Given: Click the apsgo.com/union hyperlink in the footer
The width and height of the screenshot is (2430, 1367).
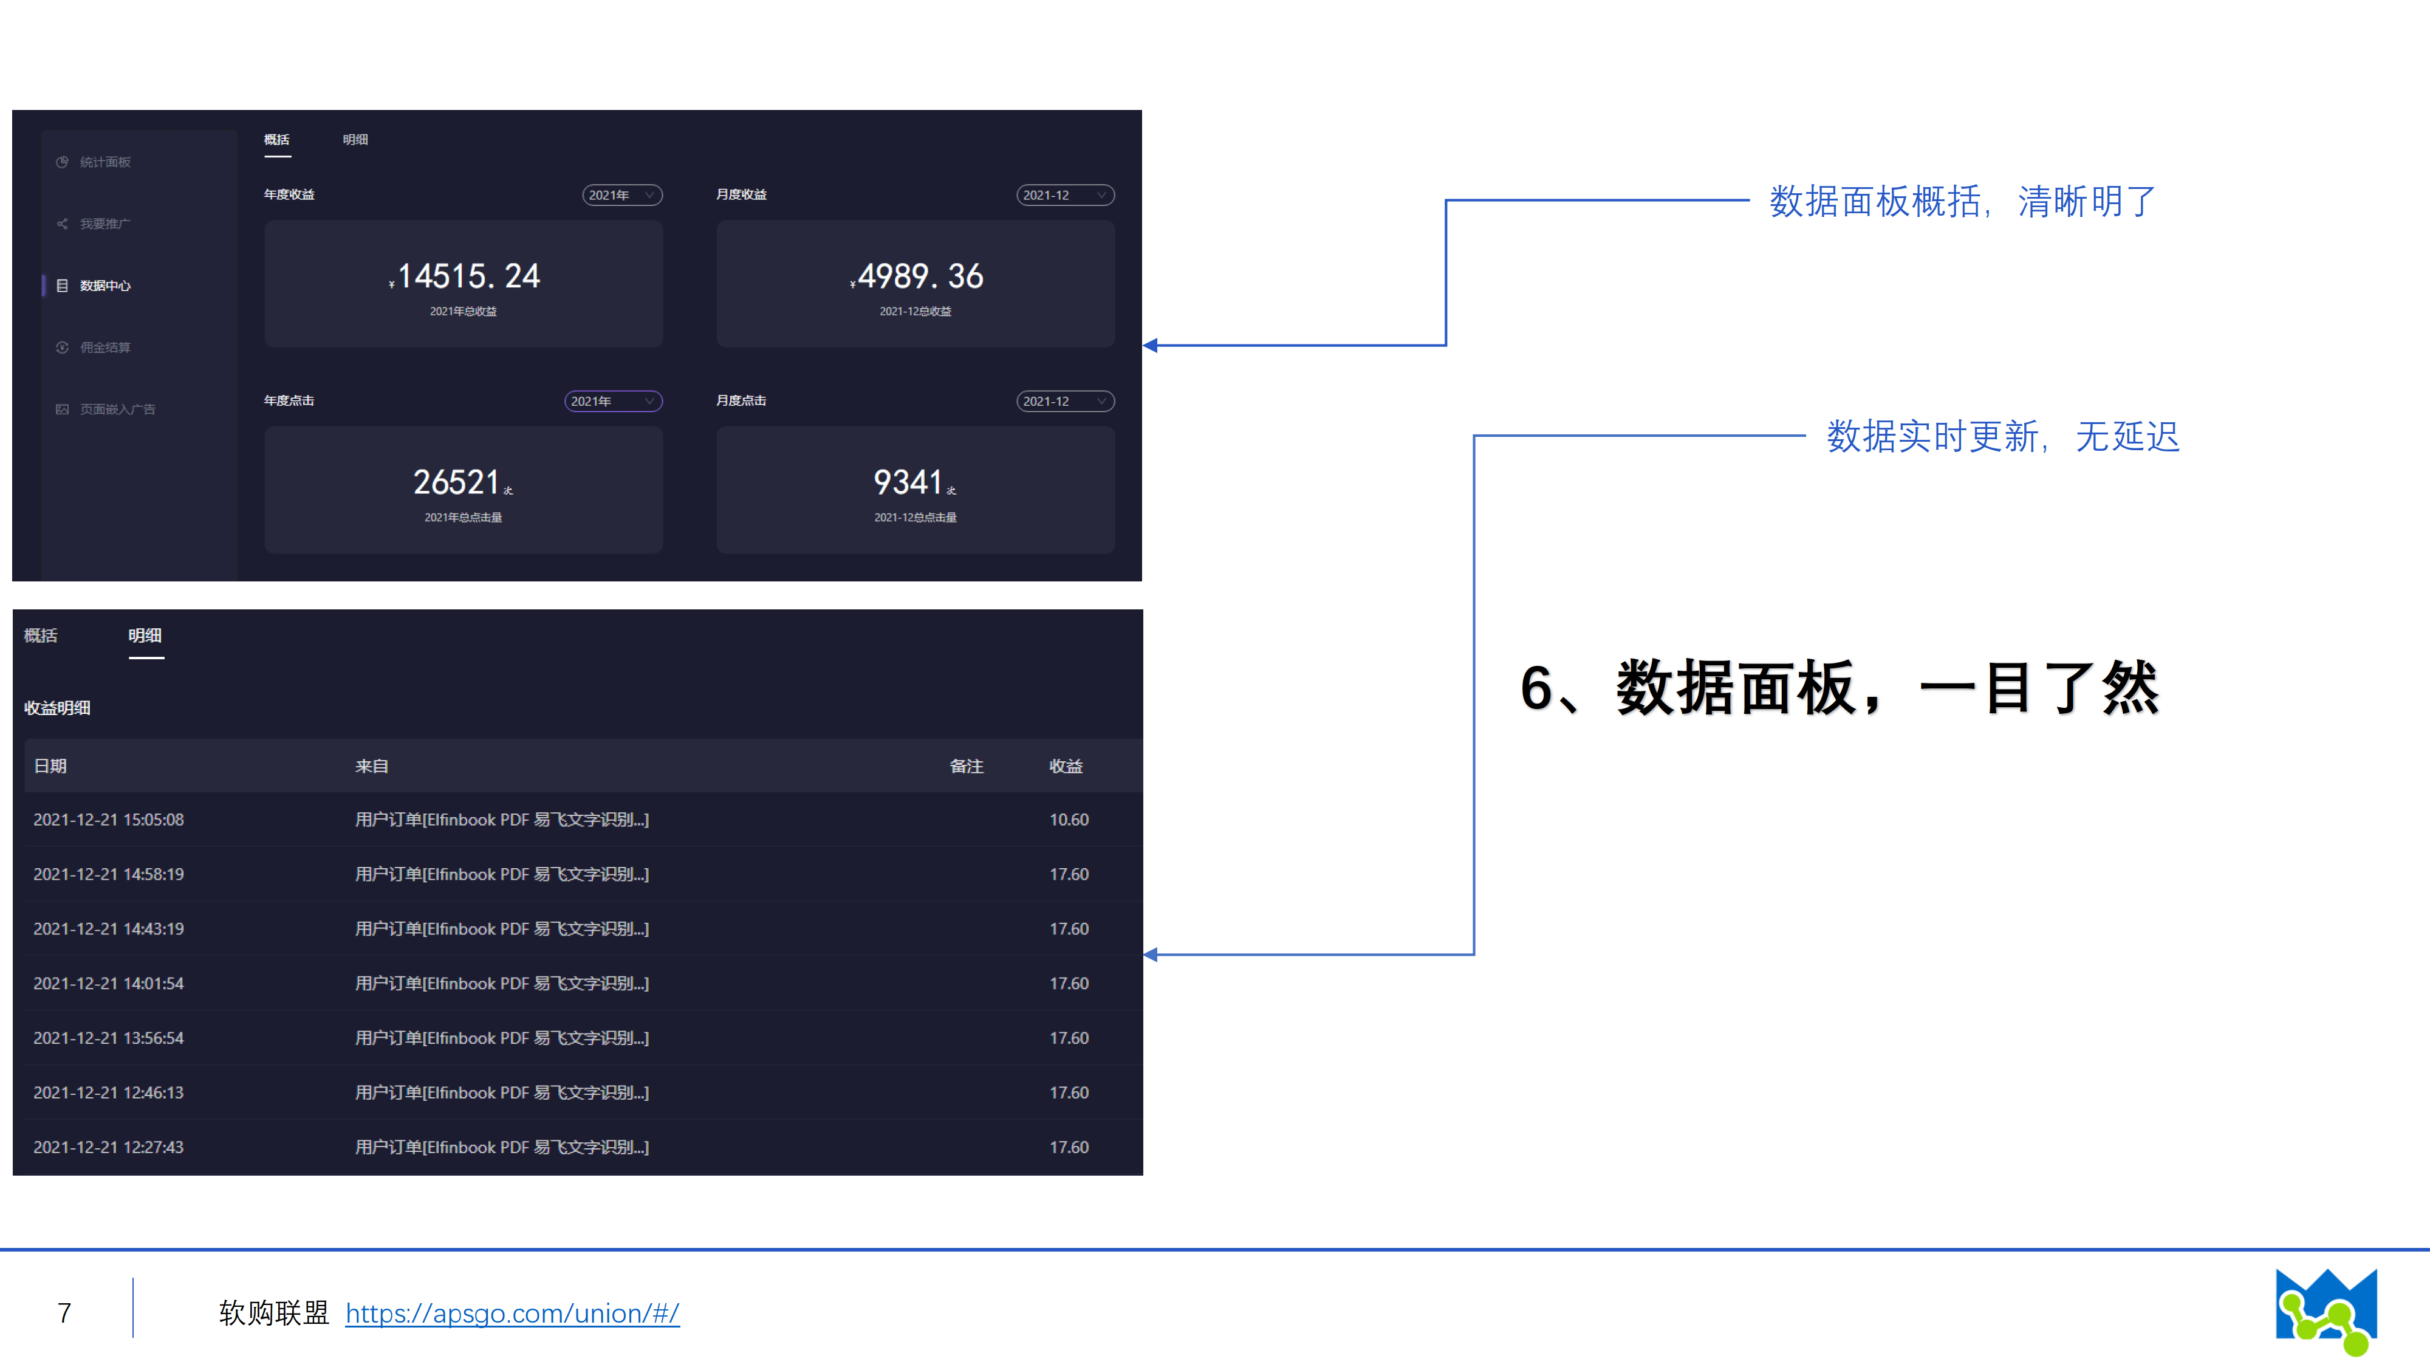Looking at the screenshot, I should pyautogui.click(x=512, y=1312).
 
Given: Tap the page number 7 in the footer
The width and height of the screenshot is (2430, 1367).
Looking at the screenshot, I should pyautogui.click(x=64, y=1312).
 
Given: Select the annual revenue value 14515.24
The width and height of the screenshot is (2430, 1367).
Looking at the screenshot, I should pyautogui.click(x=467, y=276).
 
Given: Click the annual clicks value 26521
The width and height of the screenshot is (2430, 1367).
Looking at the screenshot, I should pyautogui.click(x=457, y=482).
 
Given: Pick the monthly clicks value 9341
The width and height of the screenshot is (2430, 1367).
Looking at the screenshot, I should pyautogui.click(x=908, y=482).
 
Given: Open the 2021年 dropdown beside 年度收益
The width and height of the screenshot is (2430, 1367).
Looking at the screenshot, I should pyautogui.click(x=621, y=195).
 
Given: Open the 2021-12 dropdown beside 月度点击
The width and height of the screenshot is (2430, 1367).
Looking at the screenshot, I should pyautogui.click(x=1065, y=401).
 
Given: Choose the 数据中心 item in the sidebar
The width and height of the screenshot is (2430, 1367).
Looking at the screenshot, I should pyautogui.click(x=104, y=286).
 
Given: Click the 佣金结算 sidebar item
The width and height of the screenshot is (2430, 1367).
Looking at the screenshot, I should pyautogui.click(x=104, y=347).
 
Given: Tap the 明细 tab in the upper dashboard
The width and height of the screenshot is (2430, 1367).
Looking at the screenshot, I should pyautogui.click(x=355, y=140).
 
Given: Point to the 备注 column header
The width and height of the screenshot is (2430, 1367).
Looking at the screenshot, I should pyautogui.click(x=966, y=766).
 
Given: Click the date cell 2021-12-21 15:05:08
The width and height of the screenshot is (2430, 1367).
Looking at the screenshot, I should pyautogui.click(x=109, y=820).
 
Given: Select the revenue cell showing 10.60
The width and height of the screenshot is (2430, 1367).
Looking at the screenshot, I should pyautogui.click(x=1069, y=820).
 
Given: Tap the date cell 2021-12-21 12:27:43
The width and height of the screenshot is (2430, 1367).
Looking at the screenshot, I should pyautogui.click(x=109, y=1147).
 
